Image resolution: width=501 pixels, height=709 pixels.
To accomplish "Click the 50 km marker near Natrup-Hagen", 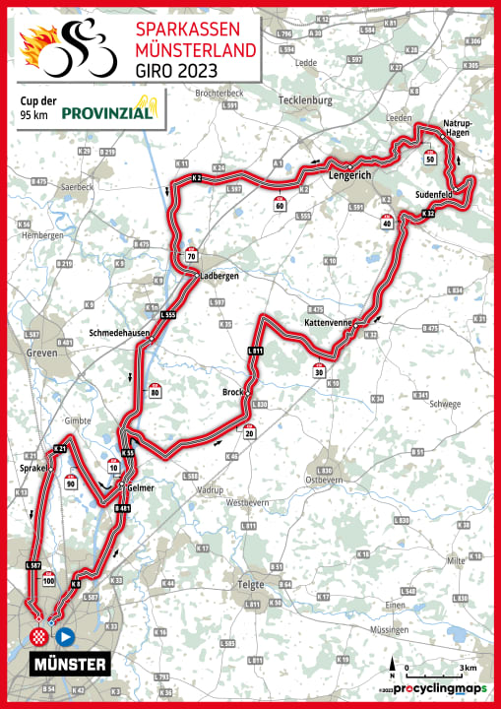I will (430, 158).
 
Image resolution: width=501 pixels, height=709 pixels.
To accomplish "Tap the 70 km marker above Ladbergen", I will (191, 256).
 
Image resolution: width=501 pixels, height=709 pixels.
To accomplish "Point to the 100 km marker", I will (49, 580).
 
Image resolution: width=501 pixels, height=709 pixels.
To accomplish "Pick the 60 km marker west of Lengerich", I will (280, 204).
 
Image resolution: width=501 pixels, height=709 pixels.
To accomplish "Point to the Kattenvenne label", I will (329, 323).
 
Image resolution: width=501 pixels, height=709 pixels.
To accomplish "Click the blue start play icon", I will (65, 636).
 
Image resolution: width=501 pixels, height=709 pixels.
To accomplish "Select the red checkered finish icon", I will (39, 637).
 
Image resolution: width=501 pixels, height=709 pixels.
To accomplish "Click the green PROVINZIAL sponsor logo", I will (109, 112).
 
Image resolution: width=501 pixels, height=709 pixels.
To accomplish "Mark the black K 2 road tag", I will (197, 177).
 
